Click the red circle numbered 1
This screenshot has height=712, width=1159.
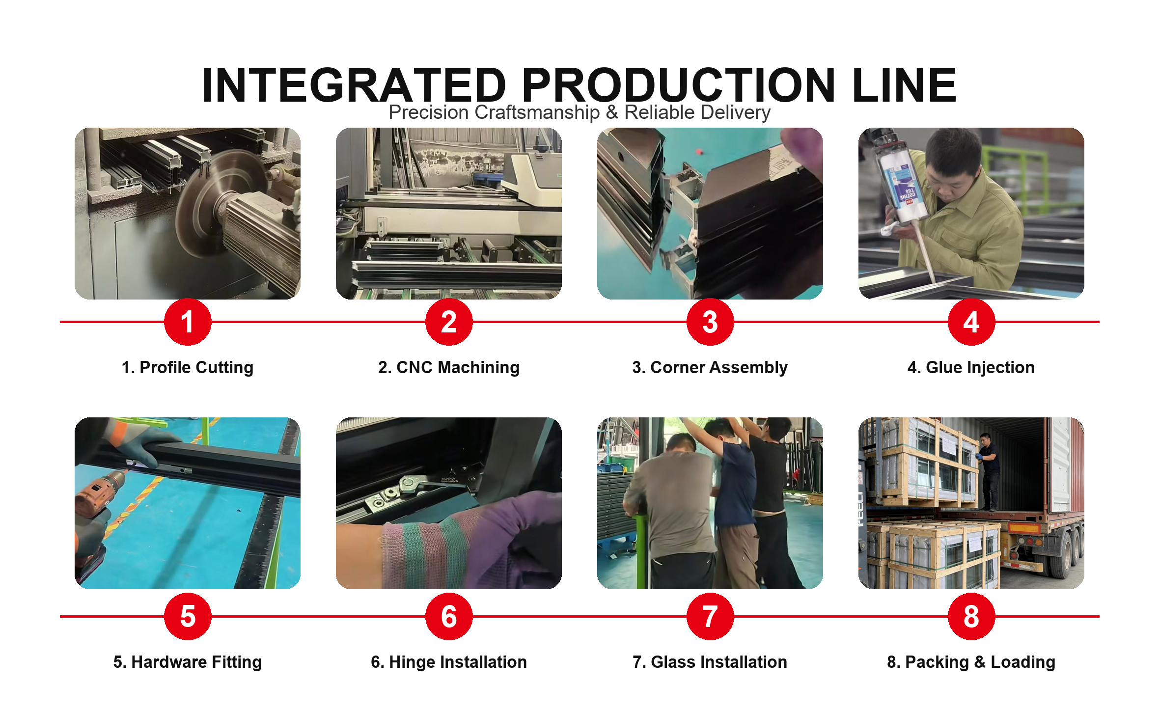tap(188, 322)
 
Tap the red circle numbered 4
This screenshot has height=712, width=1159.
tap(971, 322)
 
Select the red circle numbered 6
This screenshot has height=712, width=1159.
tap(449, 616)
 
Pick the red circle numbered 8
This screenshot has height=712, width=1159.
tap(971, 616)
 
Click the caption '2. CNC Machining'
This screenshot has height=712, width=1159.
tap(449, 367)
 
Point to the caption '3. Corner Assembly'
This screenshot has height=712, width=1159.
tap(710, 367)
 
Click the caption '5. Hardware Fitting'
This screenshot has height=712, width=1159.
tap(188, 662)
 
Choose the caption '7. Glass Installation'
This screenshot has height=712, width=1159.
tap(710, 662)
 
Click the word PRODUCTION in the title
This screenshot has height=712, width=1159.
tap(679, 85)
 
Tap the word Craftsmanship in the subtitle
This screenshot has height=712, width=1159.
tap(537, 112)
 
